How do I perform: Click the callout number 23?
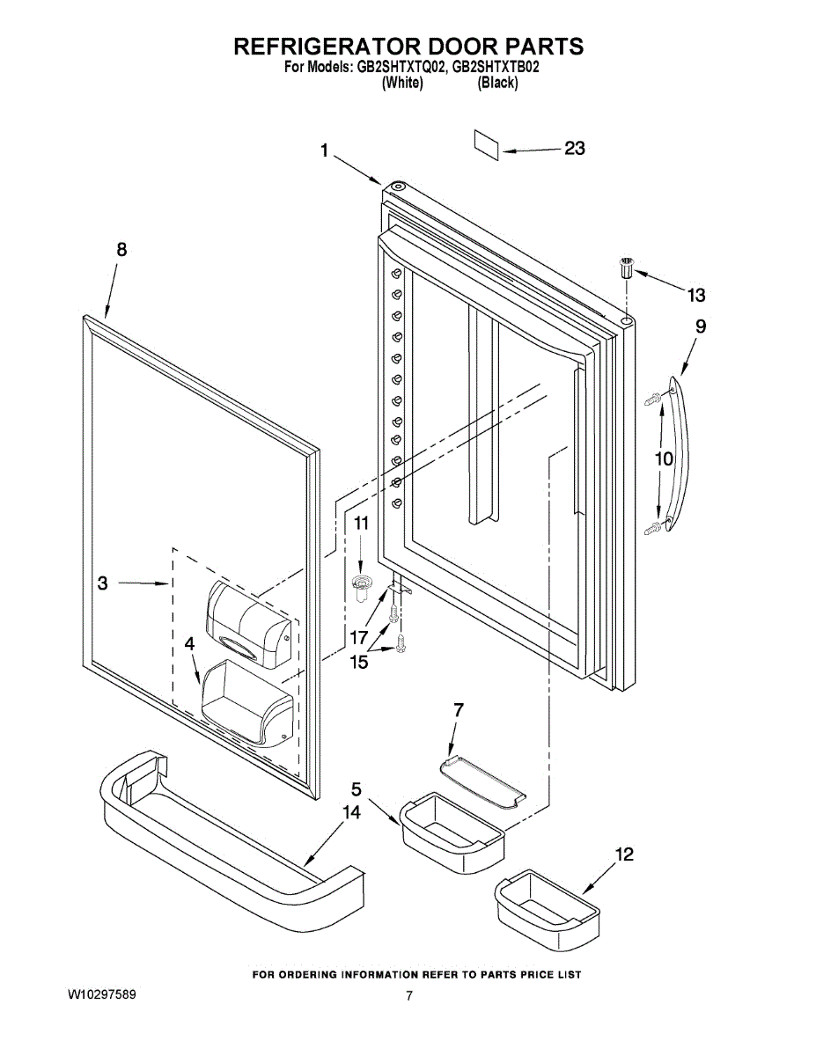(574, 149)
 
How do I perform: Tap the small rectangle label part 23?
(487, 144)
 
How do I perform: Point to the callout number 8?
(121, 250)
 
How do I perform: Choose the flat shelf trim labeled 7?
(483, 780)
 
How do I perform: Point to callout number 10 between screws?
(663, 458)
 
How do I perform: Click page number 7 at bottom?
(408, 996)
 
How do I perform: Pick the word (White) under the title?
(402, 84)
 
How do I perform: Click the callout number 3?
(103, 583)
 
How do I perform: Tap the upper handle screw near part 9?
(652, 399)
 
